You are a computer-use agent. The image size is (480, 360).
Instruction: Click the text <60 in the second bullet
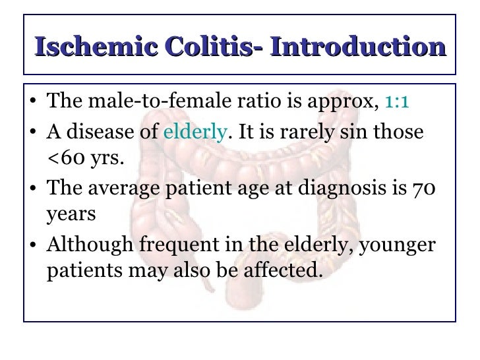(63, 158)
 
